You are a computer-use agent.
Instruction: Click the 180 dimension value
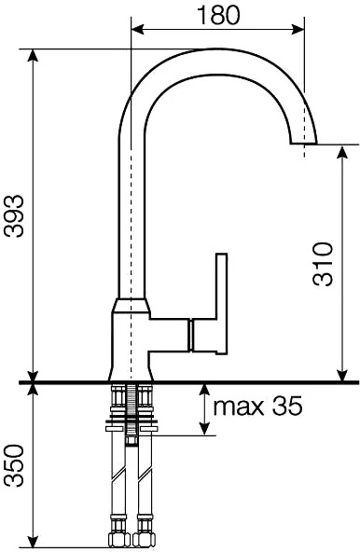coord(218,15)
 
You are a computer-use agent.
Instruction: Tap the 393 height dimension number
coord(14,215)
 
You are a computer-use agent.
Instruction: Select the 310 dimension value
coord(323,263)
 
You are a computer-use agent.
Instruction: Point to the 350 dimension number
coord(14,465)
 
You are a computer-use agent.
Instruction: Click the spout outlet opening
coord(303,144)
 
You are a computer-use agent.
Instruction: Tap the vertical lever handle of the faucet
coord(222,303)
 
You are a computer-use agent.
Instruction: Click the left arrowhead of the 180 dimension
coord(138,30)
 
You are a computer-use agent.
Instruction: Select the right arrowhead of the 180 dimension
coord(297,30)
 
